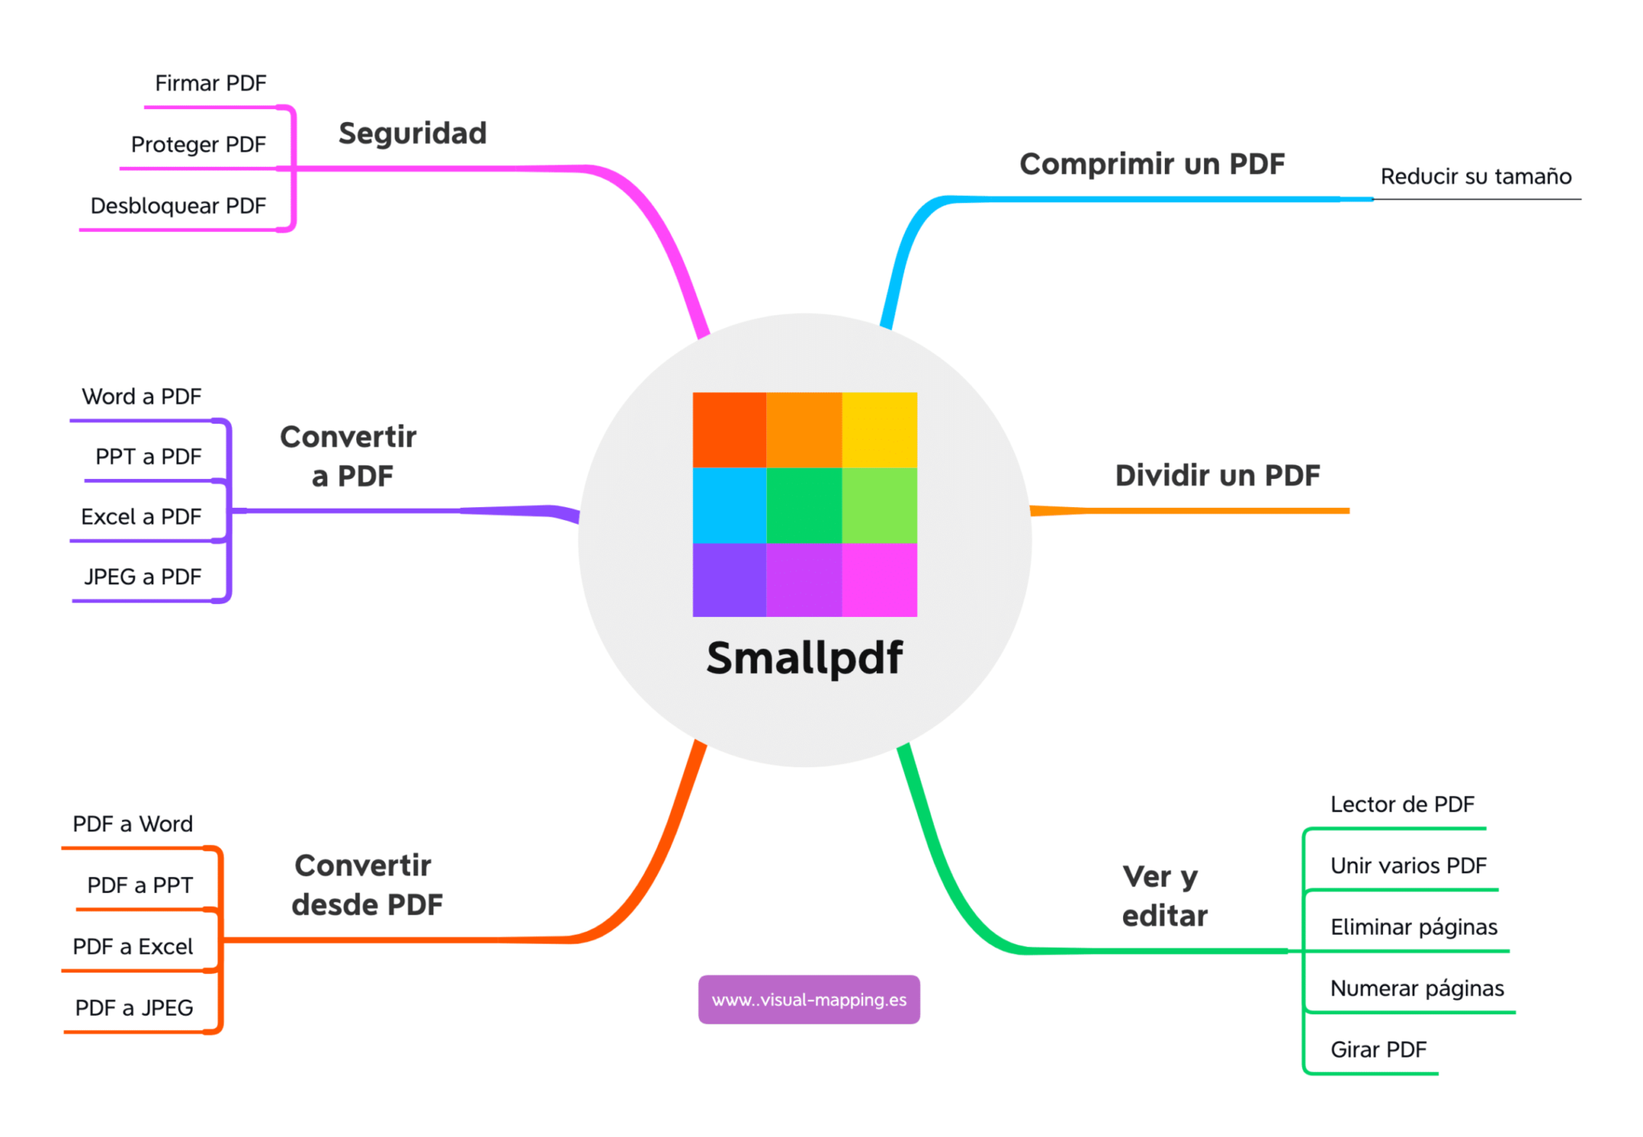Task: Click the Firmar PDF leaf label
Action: pos(210,83)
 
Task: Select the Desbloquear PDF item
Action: pos(178,206)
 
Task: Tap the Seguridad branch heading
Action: pos(412,133)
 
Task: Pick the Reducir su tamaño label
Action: pos(1475,177)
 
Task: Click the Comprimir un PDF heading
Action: pos(1151,164)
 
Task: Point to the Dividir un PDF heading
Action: pos(1216,475)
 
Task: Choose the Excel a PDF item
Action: pos(141,517)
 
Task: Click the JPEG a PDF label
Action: pos(143,577)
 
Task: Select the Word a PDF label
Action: pos(141,396)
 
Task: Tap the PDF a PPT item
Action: pos(140,885)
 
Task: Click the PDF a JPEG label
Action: pos(134,1008)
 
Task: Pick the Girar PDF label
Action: pos(1377,1050)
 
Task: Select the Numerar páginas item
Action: pos(1416,989)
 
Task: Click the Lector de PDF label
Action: pos(1402,805)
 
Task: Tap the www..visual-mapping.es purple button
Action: pos(809,1000)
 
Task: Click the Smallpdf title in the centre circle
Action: pos(804,658)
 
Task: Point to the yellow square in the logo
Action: pos(879,429)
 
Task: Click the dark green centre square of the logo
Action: pos(804,505)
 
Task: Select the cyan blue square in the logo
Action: pos(729,505)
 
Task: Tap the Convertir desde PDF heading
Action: pos(367,885)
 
